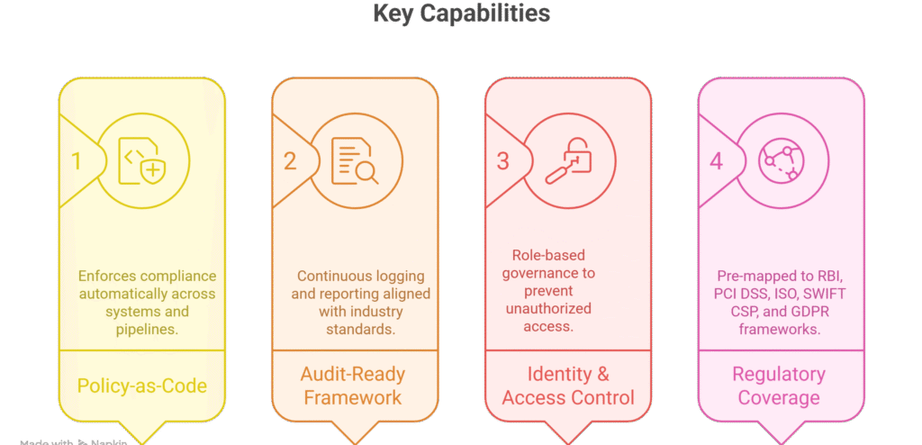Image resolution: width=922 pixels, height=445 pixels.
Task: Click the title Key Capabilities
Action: coord(460,14)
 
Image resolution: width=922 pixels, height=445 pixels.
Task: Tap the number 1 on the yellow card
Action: coord(77,161)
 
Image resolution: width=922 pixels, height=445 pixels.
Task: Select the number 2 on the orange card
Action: coord(290,161)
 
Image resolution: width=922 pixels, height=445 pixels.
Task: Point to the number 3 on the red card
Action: coord(503,161)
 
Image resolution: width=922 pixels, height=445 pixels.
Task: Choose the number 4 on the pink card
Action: coord(716,161)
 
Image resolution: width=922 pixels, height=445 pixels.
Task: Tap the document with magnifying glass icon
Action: coord(355,162)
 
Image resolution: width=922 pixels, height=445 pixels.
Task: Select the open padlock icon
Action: coord(569,162)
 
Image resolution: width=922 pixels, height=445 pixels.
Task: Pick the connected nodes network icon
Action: coord(782,162)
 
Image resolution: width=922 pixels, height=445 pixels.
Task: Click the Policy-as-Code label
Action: coord(142,386)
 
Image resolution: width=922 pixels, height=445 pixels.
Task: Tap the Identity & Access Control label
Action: coord(568,386)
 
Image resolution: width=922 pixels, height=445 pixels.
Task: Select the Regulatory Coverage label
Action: coord(779,386)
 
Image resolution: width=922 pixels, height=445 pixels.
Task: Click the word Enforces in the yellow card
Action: coord(107,276)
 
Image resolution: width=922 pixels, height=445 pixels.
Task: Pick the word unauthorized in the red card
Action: coord(548,309)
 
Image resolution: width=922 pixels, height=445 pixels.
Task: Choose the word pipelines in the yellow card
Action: coord(146,330)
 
